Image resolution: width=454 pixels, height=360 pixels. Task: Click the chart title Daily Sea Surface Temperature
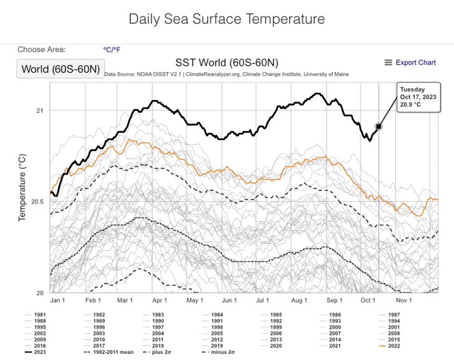(x=227, y=19)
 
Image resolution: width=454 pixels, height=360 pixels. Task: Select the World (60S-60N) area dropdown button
(x=61, y=69)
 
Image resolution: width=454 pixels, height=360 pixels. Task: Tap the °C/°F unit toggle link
(x=111, y=50)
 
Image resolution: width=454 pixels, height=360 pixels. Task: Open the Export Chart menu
(x=410, y=63)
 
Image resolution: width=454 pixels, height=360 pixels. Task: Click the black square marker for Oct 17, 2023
(x=379, y=126)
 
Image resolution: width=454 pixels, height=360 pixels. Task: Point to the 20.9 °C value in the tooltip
(x=411, y=104)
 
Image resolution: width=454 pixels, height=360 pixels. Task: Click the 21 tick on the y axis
(x=39, y=110)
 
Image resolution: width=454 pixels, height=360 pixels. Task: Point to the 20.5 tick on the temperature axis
(x=37, y=202)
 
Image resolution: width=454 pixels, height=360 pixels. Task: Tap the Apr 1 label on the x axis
(x=160, y=301)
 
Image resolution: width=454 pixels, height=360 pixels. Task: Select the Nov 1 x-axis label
(x=404, y=301)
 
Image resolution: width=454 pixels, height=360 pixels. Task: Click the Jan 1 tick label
(x=57, y=301)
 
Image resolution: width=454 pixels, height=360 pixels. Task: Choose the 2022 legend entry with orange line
(x=390, y=346)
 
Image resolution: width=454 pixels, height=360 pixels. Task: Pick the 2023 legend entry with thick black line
(x=35, y=352)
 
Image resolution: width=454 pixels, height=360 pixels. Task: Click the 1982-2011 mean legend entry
(x=109, y=352)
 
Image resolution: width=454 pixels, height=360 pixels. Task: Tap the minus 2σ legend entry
(x=218, y=352)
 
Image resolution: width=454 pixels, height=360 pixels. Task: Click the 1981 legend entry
(x=35, y=315)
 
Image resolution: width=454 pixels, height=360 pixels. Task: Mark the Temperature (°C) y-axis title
(x=22, y=188)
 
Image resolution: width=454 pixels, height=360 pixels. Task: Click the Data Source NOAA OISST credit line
(x=226, y=74)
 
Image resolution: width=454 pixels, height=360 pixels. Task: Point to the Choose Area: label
(x=41, y=49)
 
